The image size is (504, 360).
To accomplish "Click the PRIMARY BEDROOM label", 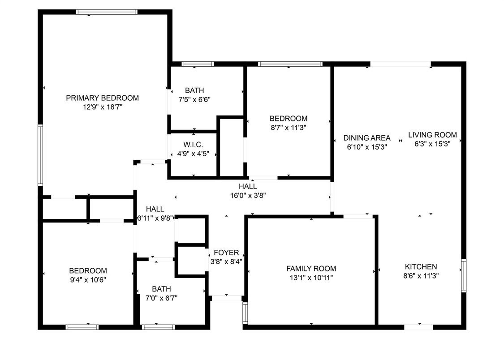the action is point(102,98).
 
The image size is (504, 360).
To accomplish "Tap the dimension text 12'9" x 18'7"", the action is point(103,107).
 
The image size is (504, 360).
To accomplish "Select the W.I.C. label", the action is point(193,145).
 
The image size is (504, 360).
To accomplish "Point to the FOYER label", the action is point(226,253).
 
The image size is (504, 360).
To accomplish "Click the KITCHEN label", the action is point(421,266).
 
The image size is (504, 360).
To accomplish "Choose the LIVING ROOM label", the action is point(432,135).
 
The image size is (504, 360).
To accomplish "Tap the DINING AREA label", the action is point(367,138).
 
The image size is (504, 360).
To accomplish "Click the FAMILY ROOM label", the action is point(311,269).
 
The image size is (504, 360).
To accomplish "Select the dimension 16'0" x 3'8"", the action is point(248,195).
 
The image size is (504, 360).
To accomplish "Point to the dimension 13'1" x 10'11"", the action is point(311,278).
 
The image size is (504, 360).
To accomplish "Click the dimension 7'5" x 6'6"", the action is point(194,99).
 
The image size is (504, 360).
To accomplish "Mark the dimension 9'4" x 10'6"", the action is point(88,280).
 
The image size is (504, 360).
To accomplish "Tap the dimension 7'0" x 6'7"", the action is point(161,298).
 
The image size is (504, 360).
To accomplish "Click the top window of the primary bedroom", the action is point(107,12).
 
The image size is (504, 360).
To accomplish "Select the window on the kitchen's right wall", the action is point(464,275).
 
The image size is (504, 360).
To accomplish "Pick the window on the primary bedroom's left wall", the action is point(40,155).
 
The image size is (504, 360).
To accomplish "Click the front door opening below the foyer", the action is point(226,298).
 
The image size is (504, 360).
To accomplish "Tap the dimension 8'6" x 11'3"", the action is point(421,275).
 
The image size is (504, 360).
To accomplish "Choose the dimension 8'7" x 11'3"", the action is point(289,128).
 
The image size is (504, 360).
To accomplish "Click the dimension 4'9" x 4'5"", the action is point(193,154).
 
